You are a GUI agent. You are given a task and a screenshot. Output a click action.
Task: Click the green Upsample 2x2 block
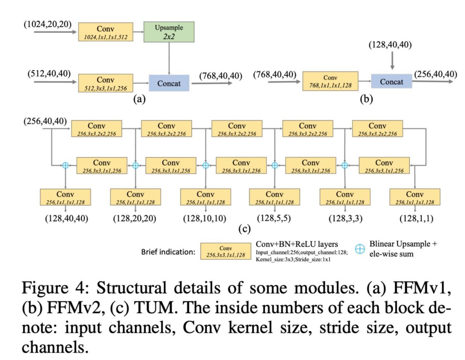pyautogui.click(x=169, y=32)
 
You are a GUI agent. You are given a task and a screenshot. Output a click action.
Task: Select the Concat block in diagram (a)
pyautogui.click(x=169, y=83)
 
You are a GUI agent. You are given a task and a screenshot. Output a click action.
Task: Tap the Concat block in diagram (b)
pyautogui.click(x=392, y=82)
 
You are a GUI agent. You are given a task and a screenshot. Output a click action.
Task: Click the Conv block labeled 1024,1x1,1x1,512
pyautogui.click(x=105, y=32)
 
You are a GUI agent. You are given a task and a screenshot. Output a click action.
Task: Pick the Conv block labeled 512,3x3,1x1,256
pyautogui.click(x=105, y=83)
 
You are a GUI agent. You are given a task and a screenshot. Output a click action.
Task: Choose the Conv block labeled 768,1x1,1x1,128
pyautogui.click(x=330, y=81)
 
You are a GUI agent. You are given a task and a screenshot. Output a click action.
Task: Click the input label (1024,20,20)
pyautogui.click(x=48, y=24)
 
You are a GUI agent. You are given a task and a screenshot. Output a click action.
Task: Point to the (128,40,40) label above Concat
pyautogui.click(x=390, y=45)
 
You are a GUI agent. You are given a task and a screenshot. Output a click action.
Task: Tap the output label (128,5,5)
pyautogui.click(x=274, y=218)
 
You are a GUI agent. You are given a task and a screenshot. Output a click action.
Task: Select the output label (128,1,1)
pyautogui.click(x=416, y=218)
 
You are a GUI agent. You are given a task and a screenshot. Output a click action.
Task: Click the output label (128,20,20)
pyautogui.click(x=135, y=218)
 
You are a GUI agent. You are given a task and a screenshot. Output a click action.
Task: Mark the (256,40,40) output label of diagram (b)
pyautogui.click(x=436, y=74)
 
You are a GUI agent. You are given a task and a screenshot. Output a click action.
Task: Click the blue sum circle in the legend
pyautogui.click(x=360, y=249)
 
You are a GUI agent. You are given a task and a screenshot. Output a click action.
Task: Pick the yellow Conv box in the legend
pyautogui.click(x=226, y=251)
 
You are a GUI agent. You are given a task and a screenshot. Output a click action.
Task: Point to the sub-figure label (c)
pyautogui.click(x=244, y=229)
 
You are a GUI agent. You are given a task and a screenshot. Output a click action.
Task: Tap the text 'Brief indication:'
pyautogui.click(x=168, y=252)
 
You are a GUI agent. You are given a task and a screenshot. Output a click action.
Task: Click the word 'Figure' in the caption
pyautogui.click(x=45, y=288)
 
